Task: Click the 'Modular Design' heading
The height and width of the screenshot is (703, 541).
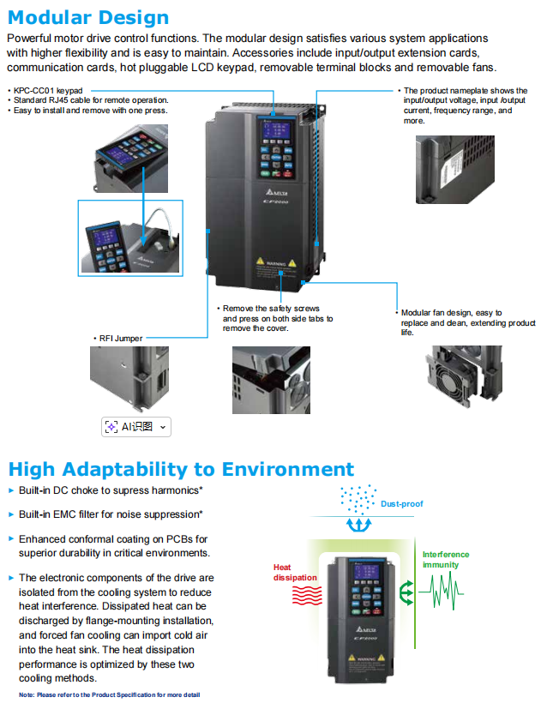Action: point(88,17)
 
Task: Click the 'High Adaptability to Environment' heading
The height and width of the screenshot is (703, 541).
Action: point(181,469)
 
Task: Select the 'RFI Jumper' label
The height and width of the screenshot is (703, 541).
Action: point(119,339)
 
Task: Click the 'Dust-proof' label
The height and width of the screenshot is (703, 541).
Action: point(402,504)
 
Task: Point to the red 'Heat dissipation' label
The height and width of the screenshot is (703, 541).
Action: point(295,572)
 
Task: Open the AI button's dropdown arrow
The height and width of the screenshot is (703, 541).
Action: point(164,426)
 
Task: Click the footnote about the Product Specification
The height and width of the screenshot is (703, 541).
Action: point(110,694)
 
